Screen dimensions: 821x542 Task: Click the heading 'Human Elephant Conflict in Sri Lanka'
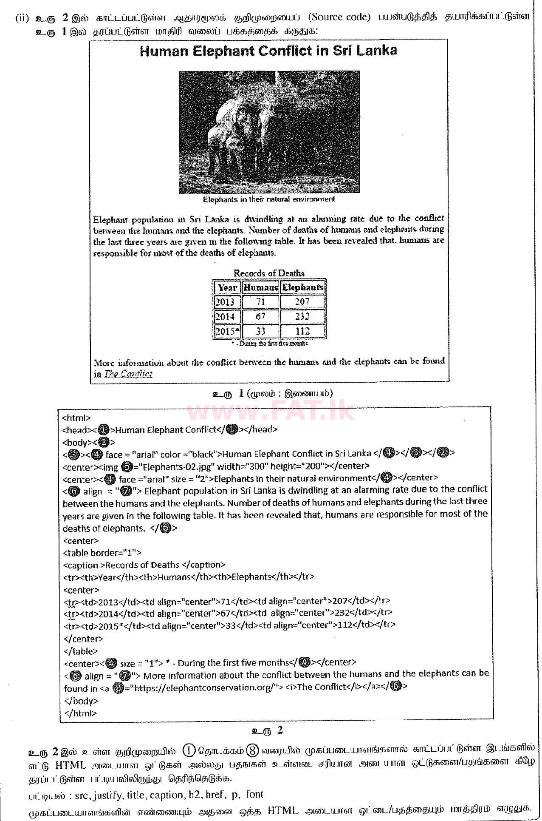tap(268, 51)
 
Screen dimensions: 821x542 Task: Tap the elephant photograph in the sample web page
tap(269, 132)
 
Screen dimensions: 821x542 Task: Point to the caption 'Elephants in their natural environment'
tap(268, 199)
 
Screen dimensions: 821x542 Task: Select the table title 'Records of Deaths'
tap(269, 273)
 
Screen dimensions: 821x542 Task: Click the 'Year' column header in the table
tap(227, 288)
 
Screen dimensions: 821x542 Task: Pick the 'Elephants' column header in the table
tap(302, 288)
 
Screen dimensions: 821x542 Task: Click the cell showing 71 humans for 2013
tap(260, 302)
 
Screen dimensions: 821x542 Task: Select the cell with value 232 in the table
tap(302, 316)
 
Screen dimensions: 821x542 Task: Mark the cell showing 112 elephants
tap(302, 331)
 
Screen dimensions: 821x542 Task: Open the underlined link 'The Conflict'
tap(128, 374)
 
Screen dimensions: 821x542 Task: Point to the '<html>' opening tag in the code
tap(76, 418)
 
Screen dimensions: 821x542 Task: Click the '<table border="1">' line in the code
tap(102, 553)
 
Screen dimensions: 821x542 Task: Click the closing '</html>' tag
tap(80, 713)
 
